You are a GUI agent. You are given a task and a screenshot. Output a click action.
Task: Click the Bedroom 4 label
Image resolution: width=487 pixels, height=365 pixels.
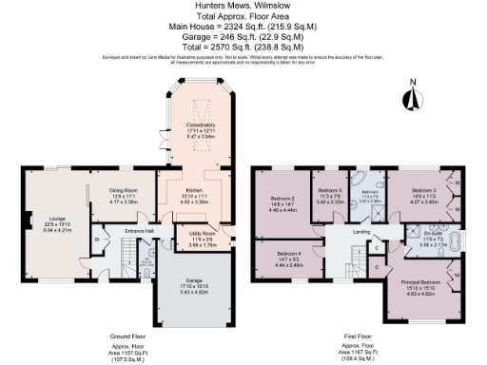[x=289, y=255]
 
